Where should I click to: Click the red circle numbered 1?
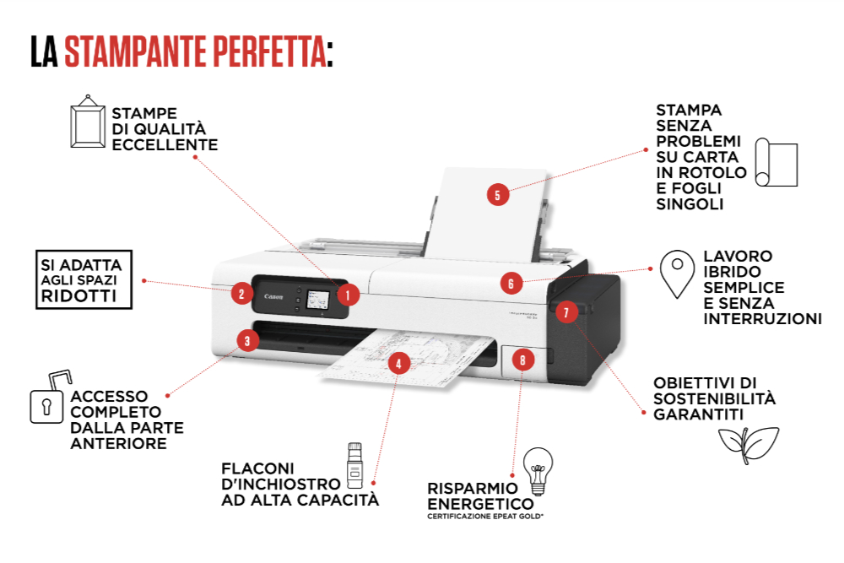(348, 295)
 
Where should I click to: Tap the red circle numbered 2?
(241, 294)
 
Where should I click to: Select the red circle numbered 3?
(246, 341)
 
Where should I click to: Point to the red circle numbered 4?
(398, 364)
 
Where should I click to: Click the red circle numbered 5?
(497, 195)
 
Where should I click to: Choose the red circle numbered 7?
(566, 311)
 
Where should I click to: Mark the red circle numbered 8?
(522, 360)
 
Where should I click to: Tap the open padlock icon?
(50, 398)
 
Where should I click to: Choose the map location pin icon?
(676, 273)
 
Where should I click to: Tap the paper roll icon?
(776, 162)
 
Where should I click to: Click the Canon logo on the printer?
(273, 296)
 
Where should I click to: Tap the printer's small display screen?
(318, 300)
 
